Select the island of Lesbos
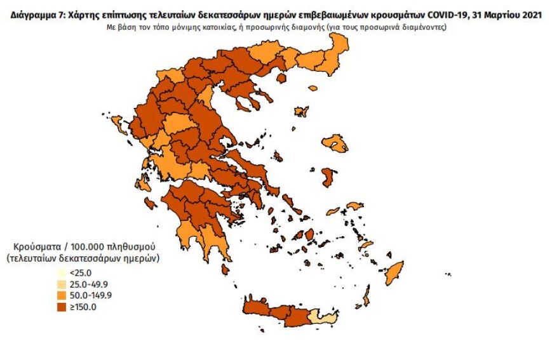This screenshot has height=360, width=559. (x=335, y=144)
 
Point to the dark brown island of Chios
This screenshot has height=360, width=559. (x=328, y=176)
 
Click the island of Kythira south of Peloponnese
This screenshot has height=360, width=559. (x=225, y=270)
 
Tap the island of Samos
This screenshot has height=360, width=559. (x=355, y=206)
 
